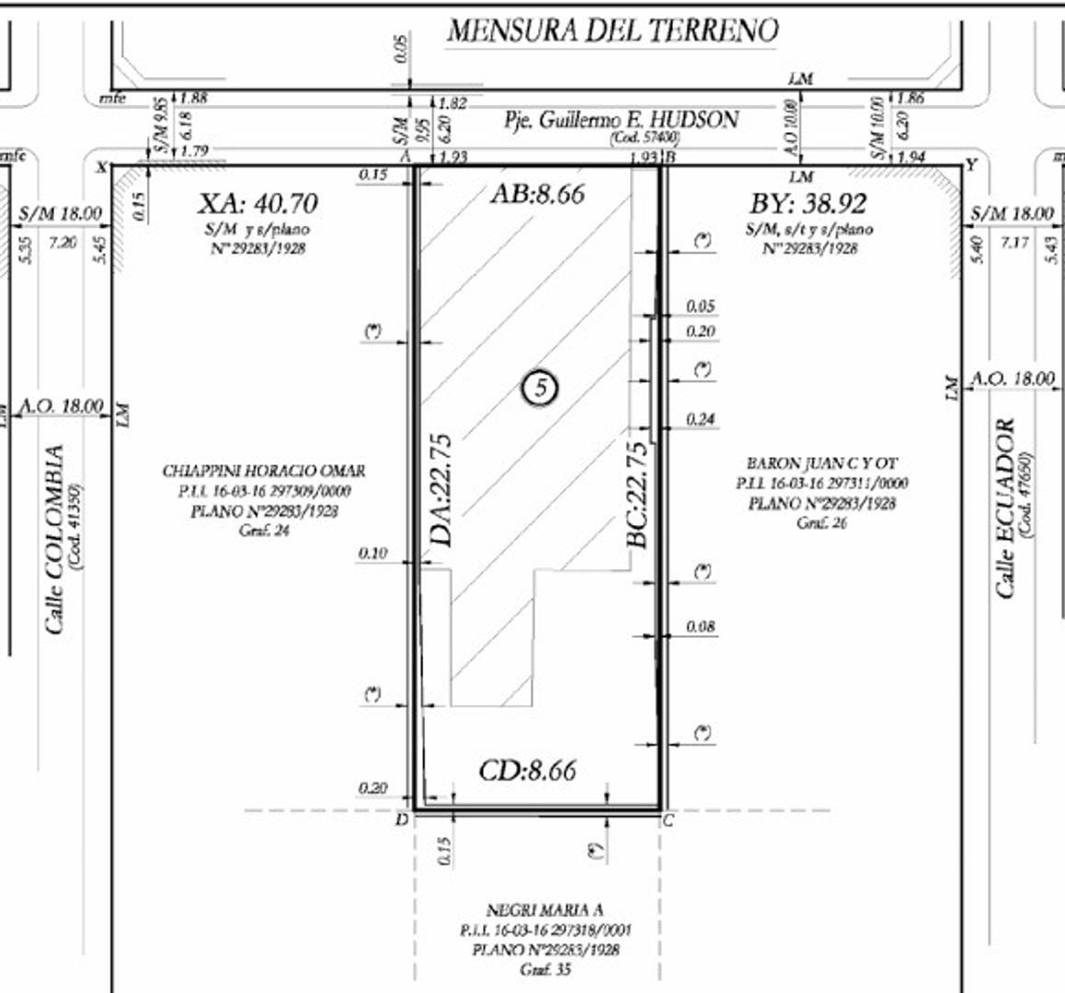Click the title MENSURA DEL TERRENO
613,30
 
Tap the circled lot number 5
540,389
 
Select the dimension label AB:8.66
538,194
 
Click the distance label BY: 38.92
808,204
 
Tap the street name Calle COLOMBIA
55,540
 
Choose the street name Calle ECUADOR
1005,508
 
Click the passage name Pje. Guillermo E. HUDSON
621,120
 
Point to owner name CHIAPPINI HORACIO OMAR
264,471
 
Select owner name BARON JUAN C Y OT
822,463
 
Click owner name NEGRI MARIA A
544,910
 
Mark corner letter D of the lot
400,818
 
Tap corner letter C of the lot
668,820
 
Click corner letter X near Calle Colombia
102,166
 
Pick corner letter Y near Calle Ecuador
972,165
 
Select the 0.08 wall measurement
700,627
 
